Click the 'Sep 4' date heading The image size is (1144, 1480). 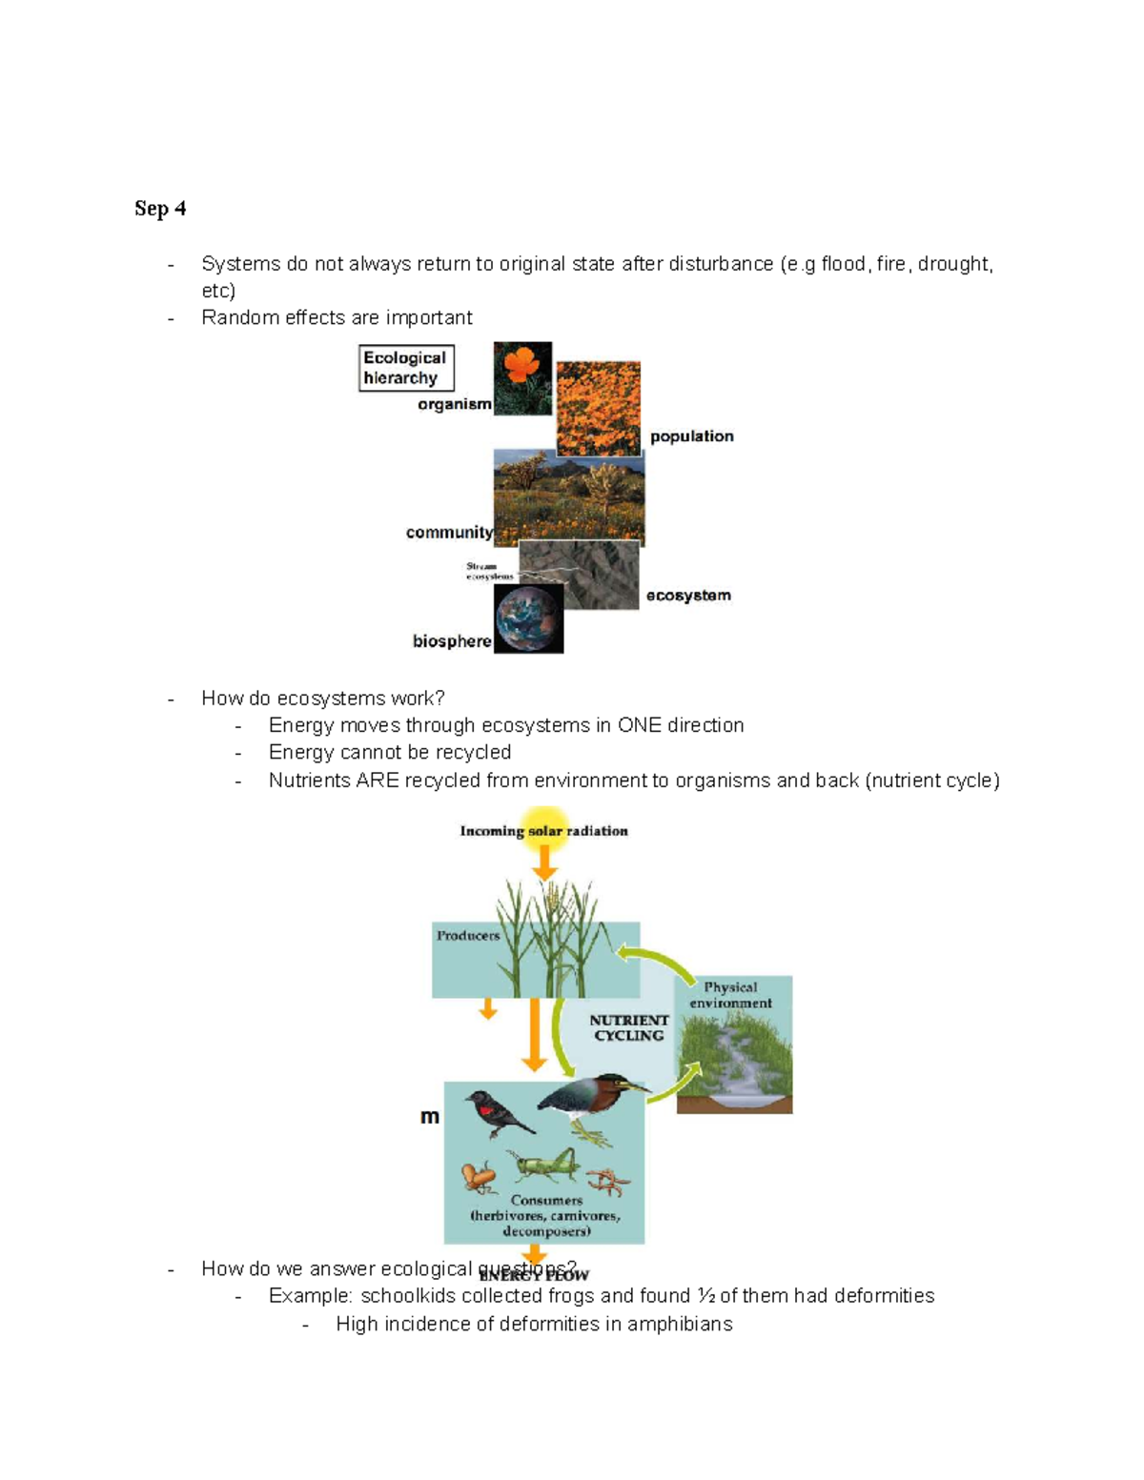click(160, 209)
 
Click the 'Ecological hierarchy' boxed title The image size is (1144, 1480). click(405, 368)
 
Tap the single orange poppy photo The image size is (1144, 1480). click(522, 377)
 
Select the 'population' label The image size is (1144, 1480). click(691, 436)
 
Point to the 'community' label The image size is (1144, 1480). click(449, 533)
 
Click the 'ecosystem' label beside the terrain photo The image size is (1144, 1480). click(688, 596)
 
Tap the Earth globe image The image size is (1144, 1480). click(528, 618)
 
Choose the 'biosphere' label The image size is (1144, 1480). click(452, 641)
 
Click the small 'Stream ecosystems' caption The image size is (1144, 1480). click(489, 571)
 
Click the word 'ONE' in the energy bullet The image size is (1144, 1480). click(639, 725)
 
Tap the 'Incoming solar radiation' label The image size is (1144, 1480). click(543, 831)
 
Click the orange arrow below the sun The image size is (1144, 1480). click(544, 862)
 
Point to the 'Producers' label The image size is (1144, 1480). click(468, 936)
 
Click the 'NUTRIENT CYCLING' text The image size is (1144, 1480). click(628, 1027)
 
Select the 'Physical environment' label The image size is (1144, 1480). click(730, 995)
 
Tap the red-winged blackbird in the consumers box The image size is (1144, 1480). click(498, 1116)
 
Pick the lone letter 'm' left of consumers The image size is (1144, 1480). click(430, 1116)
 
